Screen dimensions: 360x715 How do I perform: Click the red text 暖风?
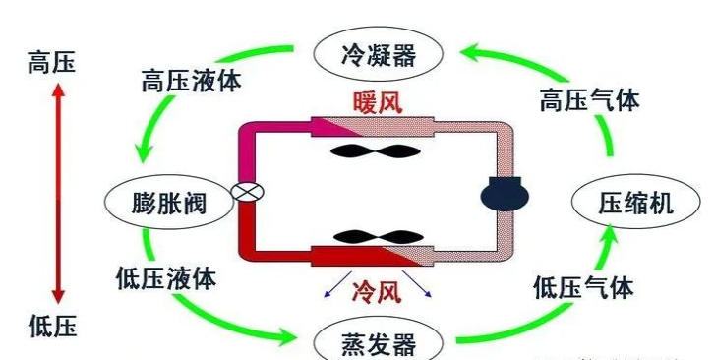[378, 101]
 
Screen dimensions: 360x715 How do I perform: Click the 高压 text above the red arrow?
[53, 63]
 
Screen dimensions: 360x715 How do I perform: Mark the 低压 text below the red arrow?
[53, 325]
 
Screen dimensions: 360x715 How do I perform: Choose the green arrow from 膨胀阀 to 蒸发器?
[207, 315]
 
